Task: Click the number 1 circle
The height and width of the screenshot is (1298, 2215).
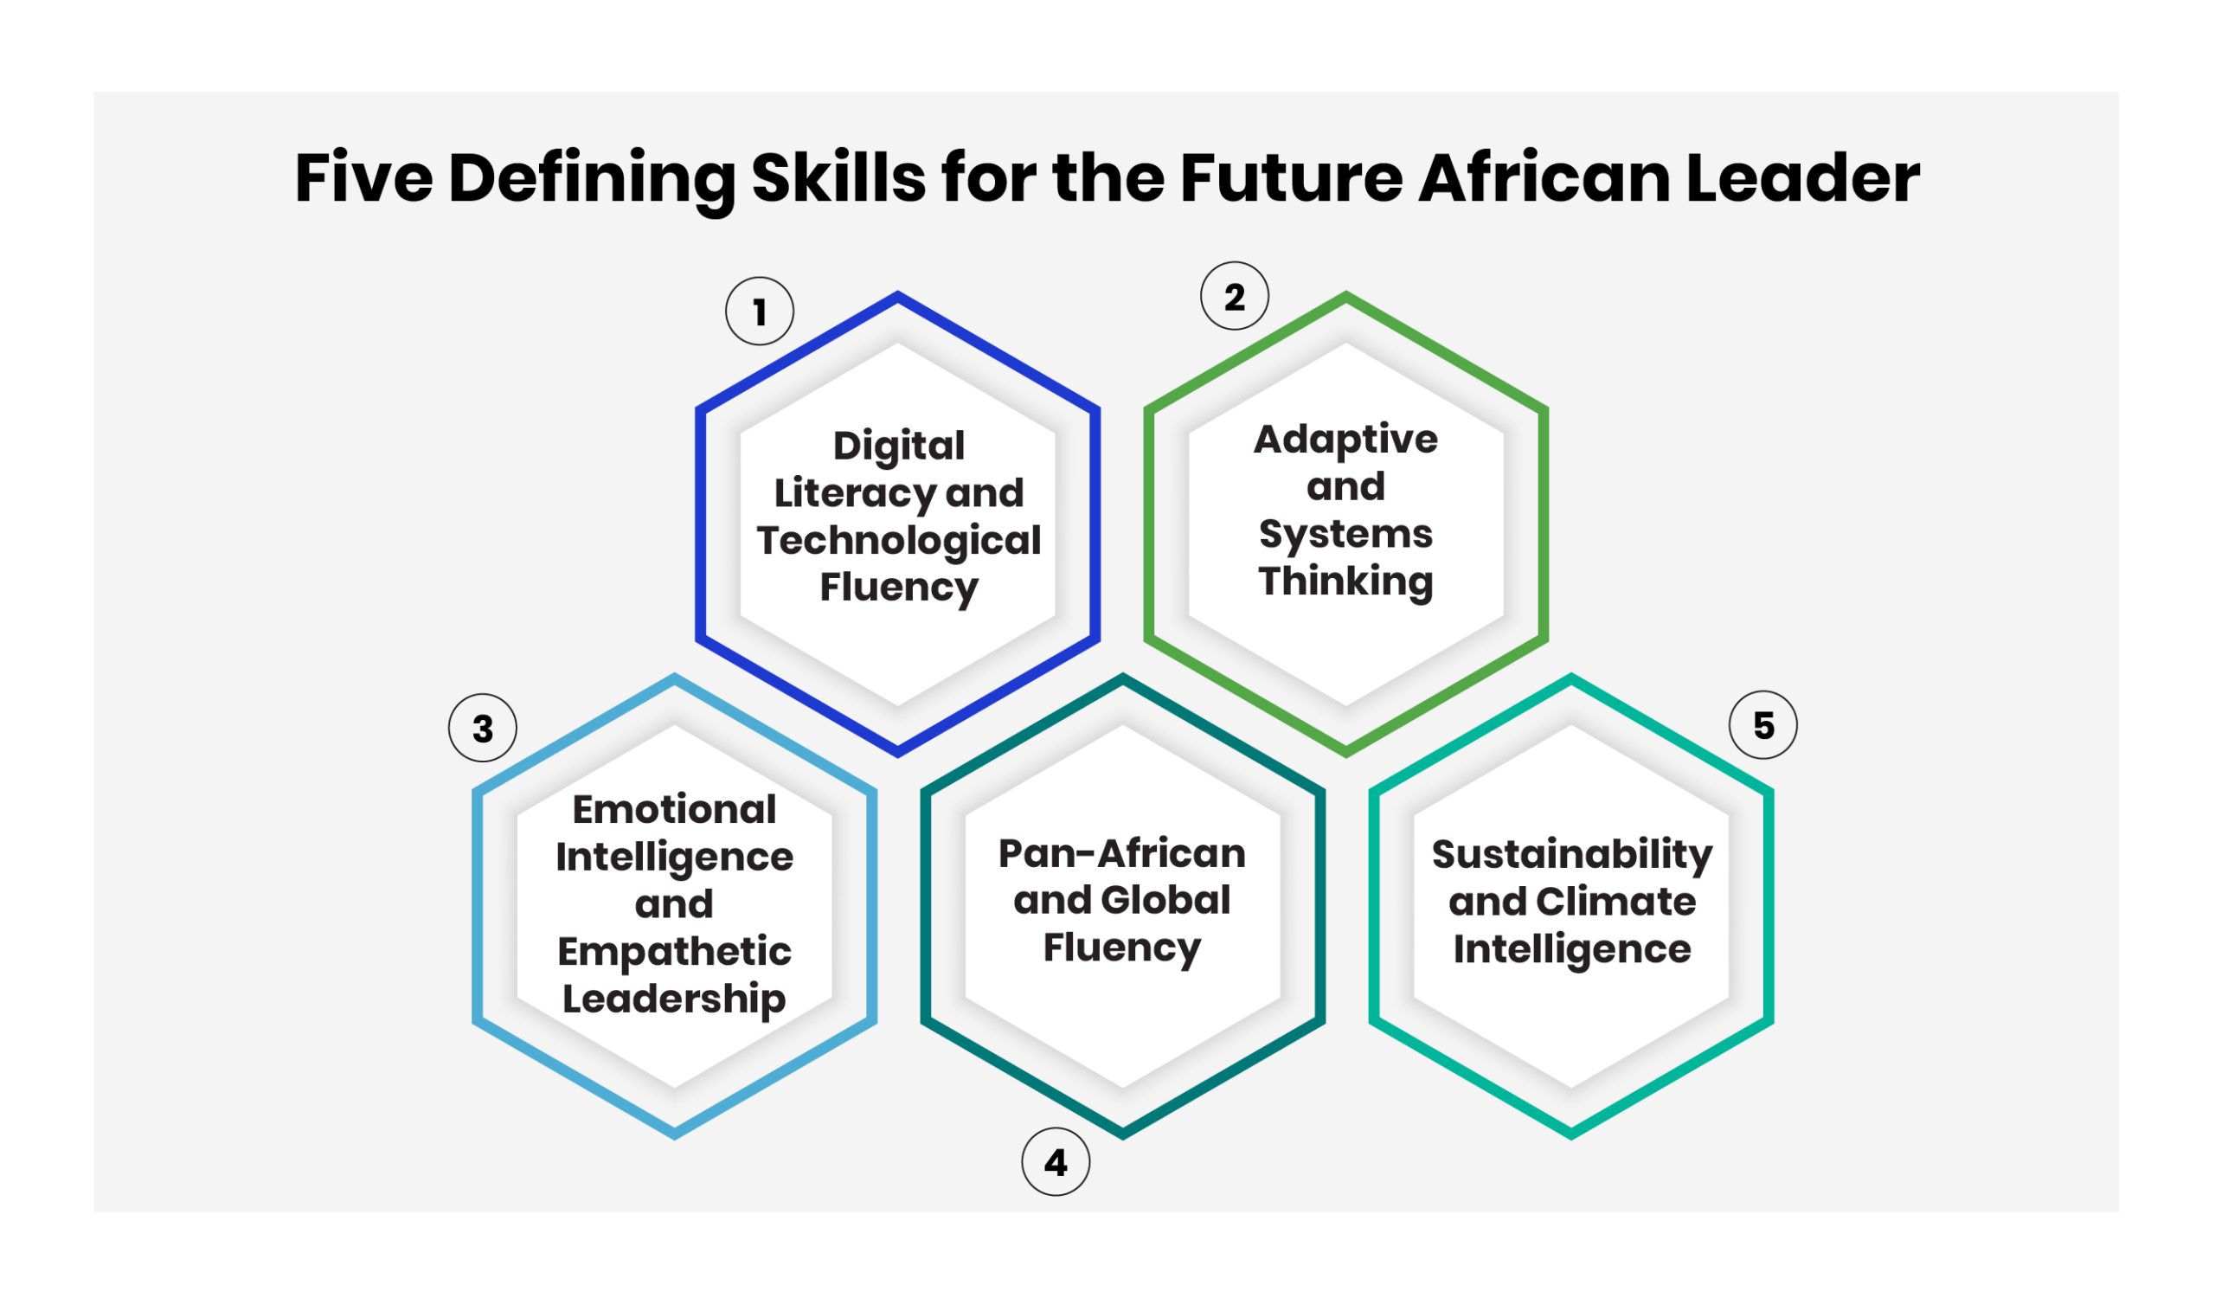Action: point(760,312)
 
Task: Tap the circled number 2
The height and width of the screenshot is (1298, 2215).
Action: point(1234,296)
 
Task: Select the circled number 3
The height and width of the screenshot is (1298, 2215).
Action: point(483,728)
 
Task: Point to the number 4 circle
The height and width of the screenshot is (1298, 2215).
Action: point(1056,1163)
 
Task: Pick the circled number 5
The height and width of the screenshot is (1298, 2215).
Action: point(1763,725)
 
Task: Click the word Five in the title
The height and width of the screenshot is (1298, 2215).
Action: point(364,178)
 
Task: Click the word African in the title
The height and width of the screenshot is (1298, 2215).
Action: point(1544,178)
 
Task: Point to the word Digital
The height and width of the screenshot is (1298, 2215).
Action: point(898,446)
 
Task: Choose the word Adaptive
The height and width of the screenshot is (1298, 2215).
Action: point(1345,440)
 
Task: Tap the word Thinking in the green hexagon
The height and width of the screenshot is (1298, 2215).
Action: point(1345,582)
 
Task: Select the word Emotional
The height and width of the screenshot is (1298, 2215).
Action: point(674,809)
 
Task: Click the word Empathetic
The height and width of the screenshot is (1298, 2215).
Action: point(674,952)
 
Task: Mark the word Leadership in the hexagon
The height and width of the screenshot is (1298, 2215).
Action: point(674,999)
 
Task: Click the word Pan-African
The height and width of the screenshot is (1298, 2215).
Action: point(1121,853)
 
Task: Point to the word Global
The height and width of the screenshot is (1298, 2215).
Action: point(1165,900)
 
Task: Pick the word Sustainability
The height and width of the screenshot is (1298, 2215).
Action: point(1572,855)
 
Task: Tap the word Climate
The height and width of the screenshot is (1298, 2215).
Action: point(1615,902)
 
